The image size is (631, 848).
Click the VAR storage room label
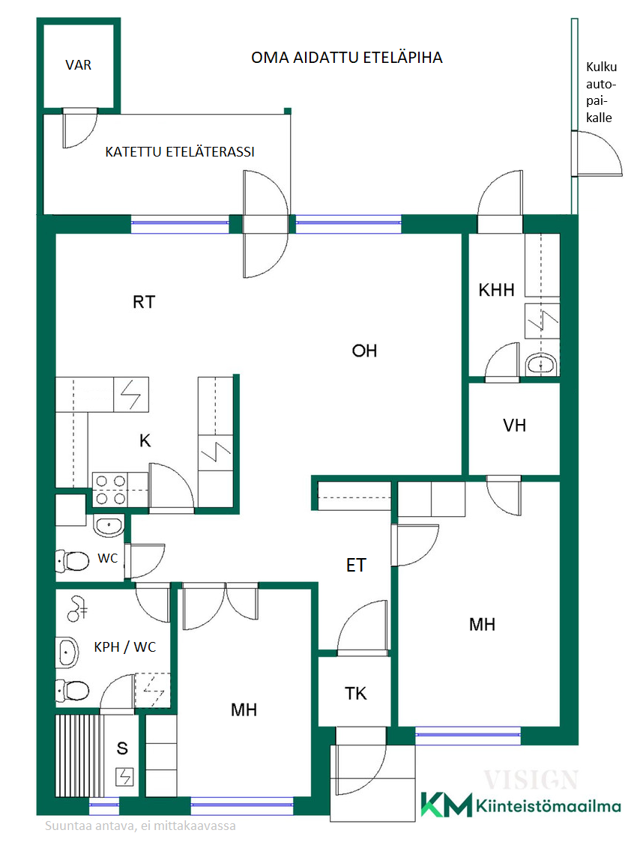(x=79, y=65)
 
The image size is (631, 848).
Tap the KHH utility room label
(x=496, y=290)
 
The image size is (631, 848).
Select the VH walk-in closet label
(x=515, y=425)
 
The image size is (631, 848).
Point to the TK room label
(x=355, y=694)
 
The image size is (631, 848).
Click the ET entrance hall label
(x=356, y=565)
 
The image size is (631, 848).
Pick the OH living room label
(x=364, y=351)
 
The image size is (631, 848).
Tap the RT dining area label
(x=144, y=302)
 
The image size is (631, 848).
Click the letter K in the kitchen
(x=145, y=440)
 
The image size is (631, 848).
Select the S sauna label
(x=122, y=748)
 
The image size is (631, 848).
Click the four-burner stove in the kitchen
(x=110, y=489)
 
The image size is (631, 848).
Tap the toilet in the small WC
(x=73, y=561)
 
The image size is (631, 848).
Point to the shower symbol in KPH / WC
(x=77, y=608)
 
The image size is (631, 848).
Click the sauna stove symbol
(x=124, y=777)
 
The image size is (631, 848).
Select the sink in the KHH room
(x=541, y=365)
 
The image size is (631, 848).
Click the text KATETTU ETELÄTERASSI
(x=180, y=152)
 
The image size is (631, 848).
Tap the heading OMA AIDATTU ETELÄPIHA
(x=347, y=58)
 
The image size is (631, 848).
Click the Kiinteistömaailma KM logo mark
(x=447, y=805)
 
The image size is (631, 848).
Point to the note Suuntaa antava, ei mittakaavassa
(x=140, y=826)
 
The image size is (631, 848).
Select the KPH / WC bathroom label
(x=125, y=646)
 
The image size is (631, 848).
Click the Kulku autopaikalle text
(x=601, y=92)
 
